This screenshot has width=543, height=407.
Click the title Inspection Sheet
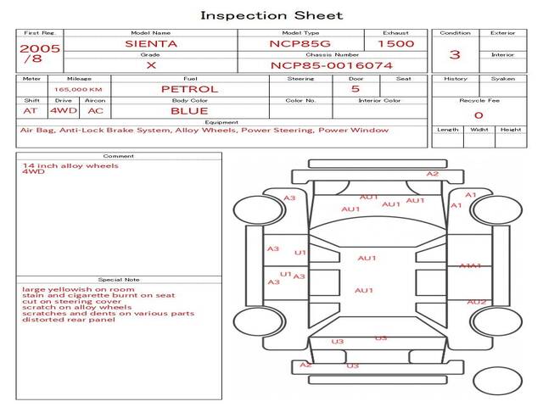(x=271, y=15)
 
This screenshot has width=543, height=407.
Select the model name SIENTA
(x=151, y=42)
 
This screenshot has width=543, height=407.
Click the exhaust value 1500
(x=396, y=42)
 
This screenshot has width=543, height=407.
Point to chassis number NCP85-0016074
(x=332, y=64)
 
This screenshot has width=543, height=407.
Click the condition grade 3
(x=455, y=55)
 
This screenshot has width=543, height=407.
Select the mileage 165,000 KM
(x=78, y=89)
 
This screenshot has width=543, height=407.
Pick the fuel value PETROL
(x=189, y=88)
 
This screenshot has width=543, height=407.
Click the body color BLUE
(x=189, y=110)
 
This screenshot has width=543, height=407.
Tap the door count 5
(x=355, y=88)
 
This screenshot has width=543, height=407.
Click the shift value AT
(x=31, y=110)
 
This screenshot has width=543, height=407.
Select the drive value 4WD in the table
(x=61, y=110)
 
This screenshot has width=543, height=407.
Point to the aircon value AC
(x=96, y=110)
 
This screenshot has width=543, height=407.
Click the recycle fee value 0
(x=479, y=115)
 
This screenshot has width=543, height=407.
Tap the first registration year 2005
(x=40, y=48)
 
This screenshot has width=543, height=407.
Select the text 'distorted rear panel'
(x=68, y=320)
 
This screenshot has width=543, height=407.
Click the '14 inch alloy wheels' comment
(x=70, y=165)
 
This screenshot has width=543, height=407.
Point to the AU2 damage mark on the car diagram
(x=477, y=302)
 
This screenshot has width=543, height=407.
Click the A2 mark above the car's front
(x=433, y=174)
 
